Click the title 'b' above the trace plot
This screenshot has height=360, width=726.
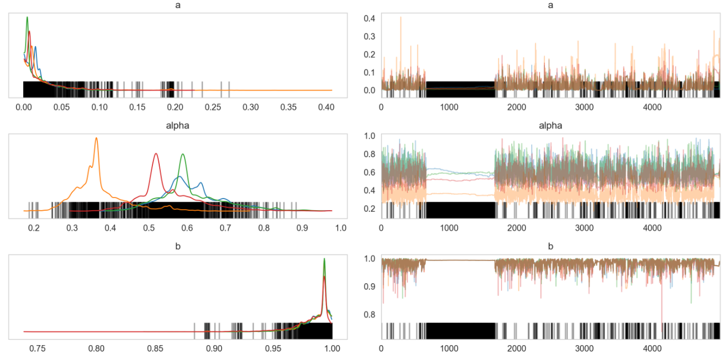[550, 247]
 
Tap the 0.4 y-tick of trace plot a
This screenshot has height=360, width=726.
[370, 18]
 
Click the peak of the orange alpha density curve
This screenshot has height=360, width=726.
[96, 138]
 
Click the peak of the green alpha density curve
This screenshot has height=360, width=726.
[183, 154]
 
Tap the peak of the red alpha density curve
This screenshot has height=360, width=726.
[156, 154]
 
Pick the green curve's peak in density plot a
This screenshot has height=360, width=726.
[27, 17]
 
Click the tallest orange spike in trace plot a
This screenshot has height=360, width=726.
[401, 17]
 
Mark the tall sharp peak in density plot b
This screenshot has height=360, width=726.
[324, 259]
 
